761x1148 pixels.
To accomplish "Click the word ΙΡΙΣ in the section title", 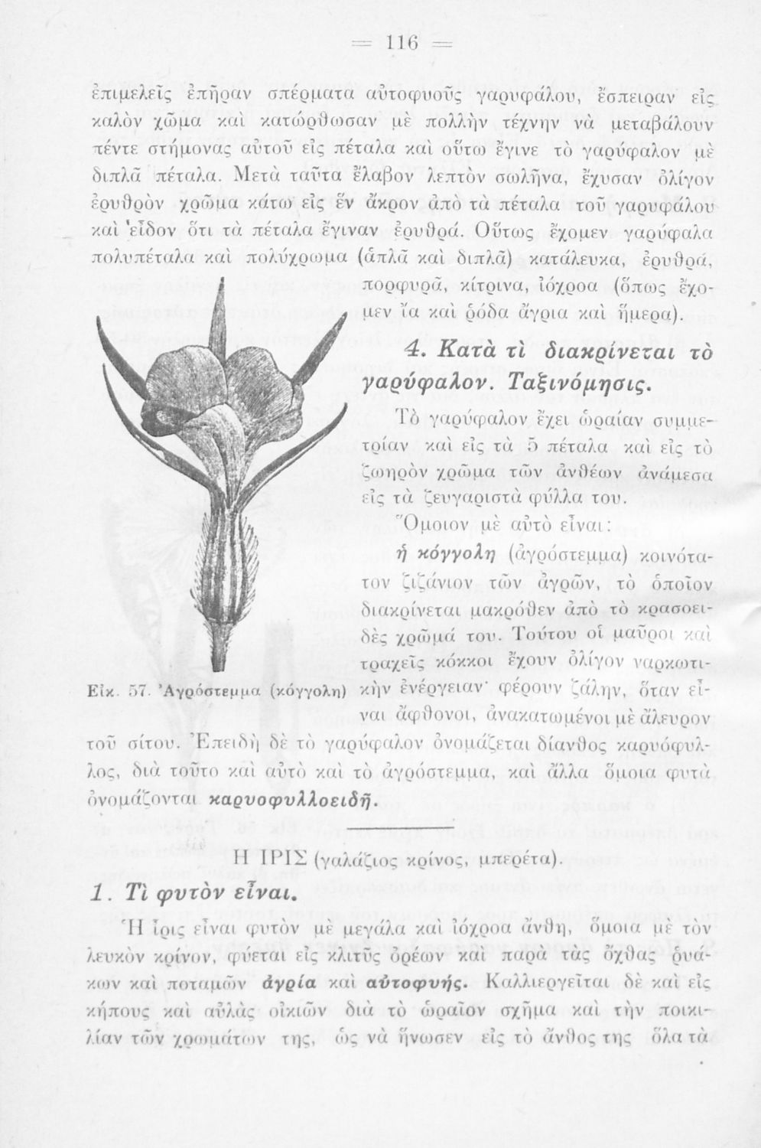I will (278, 856).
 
